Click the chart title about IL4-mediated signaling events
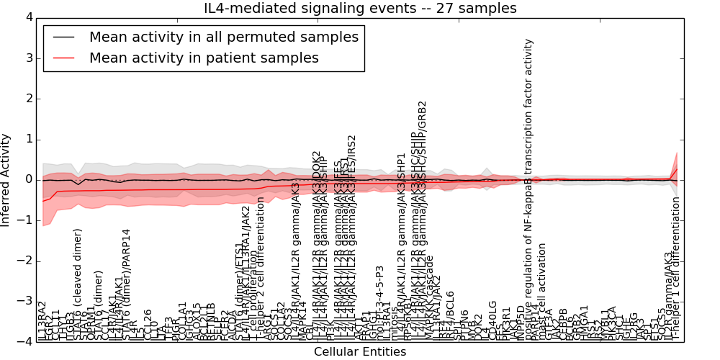tap(360, 9)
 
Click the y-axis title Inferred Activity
tap(6, 179)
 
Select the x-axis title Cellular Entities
tap(359, 352)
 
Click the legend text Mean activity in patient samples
tap(204, 58)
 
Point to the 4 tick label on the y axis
tap(28, 17)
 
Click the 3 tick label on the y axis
tap(28, 58)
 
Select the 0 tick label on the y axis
tap(28, 179)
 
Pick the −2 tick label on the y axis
tap(26, 261)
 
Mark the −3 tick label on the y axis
tap(26, 301)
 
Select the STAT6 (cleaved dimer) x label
tap(78, 284)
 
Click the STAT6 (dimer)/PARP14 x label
tap(127, 284)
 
